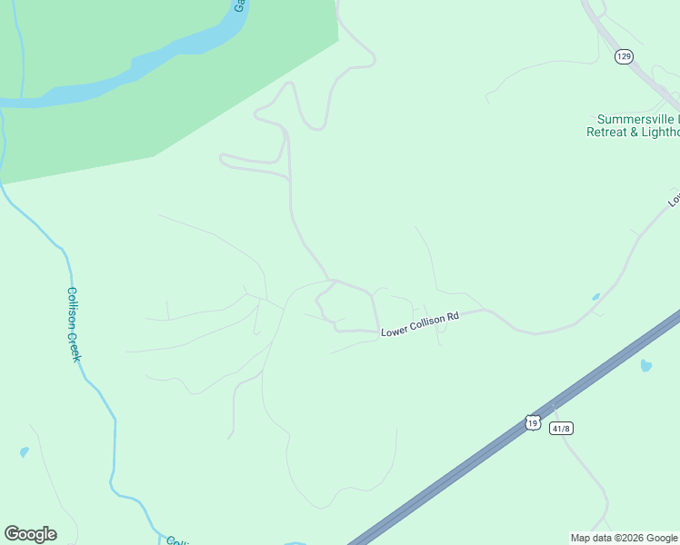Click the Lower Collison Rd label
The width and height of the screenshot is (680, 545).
point(420,324)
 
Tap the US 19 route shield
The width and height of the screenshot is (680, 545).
point(533,421)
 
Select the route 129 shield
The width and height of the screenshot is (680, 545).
point(623,56)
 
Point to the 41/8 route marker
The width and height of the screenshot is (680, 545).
point(561,428)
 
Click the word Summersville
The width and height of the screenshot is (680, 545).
point(637,119)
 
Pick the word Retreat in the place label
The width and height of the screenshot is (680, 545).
point(609,132)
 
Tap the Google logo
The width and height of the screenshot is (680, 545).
point(30,534)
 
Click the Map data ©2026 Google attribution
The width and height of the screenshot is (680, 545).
point(624,538)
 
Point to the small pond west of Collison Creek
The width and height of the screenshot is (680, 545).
point(24,451)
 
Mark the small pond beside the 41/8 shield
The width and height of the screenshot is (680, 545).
point(645,366)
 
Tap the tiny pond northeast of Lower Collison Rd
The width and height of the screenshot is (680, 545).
point(595,297)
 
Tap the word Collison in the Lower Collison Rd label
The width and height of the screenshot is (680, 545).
point(427,322)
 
